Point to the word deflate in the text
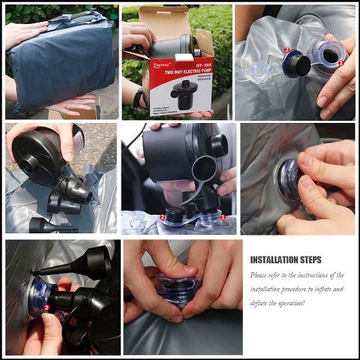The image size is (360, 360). click(262, 302)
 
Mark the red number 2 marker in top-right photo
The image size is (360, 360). click(286, 50)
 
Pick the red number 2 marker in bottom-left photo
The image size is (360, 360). click(46, 307)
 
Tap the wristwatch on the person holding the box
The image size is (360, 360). click(138, 98)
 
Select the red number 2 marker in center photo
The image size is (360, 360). click(163, 217)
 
